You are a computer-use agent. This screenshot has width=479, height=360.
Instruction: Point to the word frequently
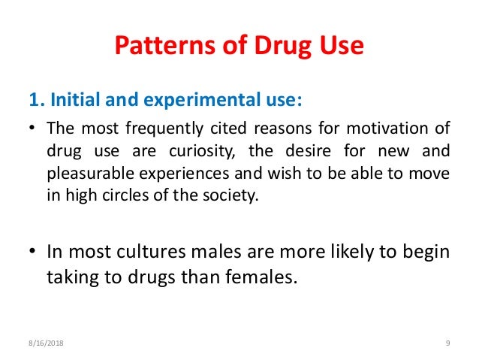click(x=172, y=128)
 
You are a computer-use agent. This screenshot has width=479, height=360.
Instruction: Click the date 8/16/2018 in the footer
click(x=42, y=343)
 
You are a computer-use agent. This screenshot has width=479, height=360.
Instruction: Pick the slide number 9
click(x=447, y=343)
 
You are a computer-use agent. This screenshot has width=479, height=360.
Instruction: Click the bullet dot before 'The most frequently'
click(x=33, y=129)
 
